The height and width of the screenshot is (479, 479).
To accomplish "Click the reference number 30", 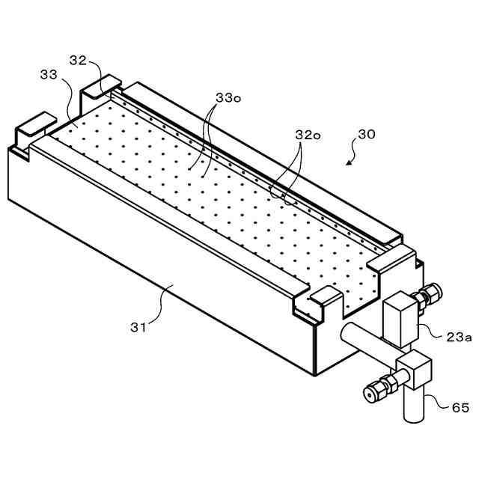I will pos(366,135).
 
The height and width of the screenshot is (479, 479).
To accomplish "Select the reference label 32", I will pos(79,59).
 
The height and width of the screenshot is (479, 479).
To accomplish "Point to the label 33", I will pos(49,75).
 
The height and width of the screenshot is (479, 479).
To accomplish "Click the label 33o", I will pos(228,99).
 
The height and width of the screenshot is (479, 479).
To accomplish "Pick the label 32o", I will pos(307,135).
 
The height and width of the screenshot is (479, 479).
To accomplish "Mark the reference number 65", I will pos(460,409).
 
